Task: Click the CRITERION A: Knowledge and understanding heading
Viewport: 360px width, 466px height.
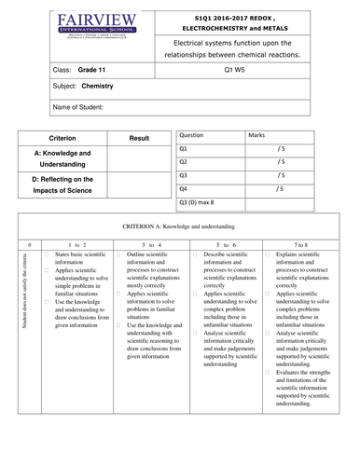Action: pyautogui.click(x=179, y=226)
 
